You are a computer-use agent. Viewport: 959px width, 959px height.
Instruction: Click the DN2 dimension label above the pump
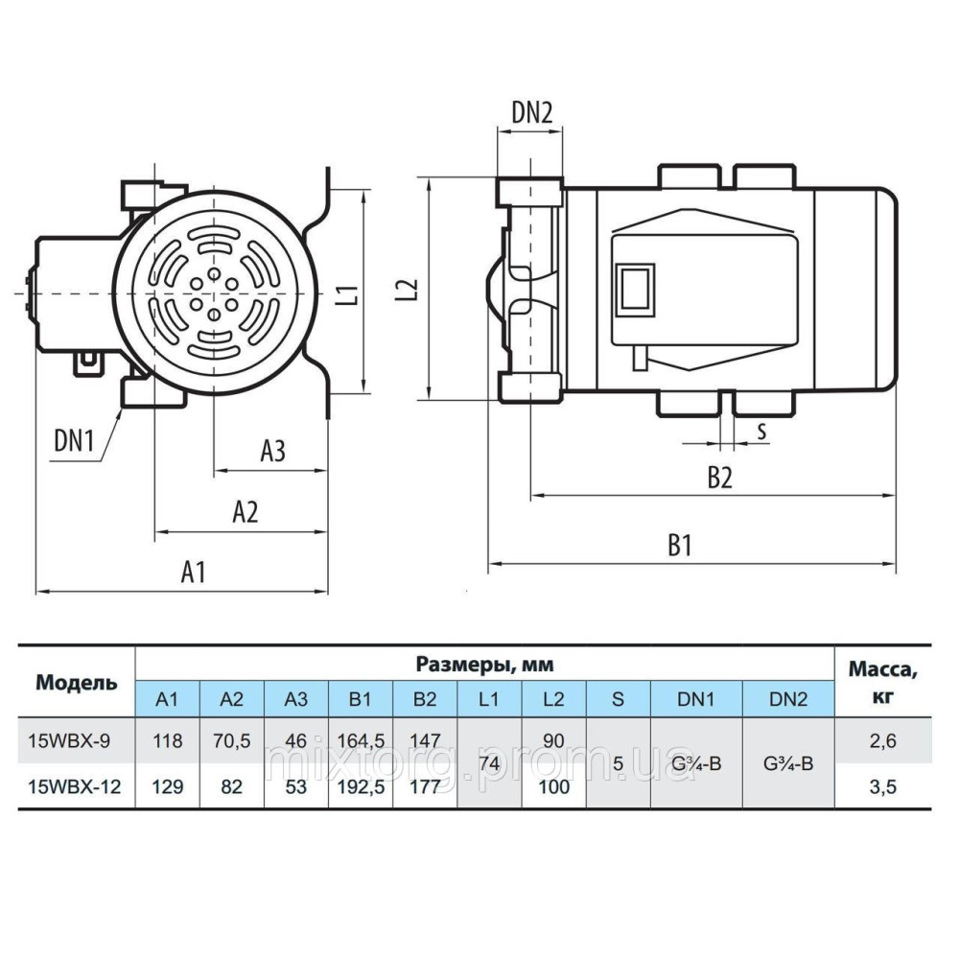tap(531, 112)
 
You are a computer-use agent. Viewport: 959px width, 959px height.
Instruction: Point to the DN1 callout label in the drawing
tap(74, 440)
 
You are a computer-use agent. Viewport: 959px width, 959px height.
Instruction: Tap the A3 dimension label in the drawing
tap(272, 451)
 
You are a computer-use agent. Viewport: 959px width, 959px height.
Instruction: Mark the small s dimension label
tap(761, 432)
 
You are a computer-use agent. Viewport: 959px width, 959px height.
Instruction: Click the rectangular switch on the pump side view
tap(636, 291)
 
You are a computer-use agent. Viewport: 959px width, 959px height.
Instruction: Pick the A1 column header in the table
tap(167, 698)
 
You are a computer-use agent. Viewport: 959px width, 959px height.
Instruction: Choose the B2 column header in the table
tap(425, 698)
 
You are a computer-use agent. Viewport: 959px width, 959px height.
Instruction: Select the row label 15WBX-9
tap(69, 740)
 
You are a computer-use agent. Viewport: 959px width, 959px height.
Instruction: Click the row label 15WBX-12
tap(75, 786)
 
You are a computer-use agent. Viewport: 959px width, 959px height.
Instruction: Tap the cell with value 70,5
tap(232, 740)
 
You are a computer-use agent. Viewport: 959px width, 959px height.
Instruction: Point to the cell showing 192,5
tap(361, 786)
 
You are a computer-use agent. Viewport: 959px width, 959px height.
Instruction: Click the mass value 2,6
tap(882, 740)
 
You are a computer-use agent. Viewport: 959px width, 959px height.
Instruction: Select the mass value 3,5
tap(882, 786)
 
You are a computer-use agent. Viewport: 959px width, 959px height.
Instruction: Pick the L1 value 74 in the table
tap(489, 763)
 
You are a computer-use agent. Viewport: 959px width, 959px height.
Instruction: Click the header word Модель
tap(77, 682)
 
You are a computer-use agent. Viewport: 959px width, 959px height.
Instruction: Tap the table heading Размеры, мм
tap(484, 665)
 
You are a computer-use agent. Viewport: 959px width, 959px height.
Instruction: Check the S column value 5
tap(618, 763)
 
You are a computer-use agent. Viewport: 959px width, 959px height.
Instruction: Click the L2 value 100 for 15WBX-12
tap(554, 786)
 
